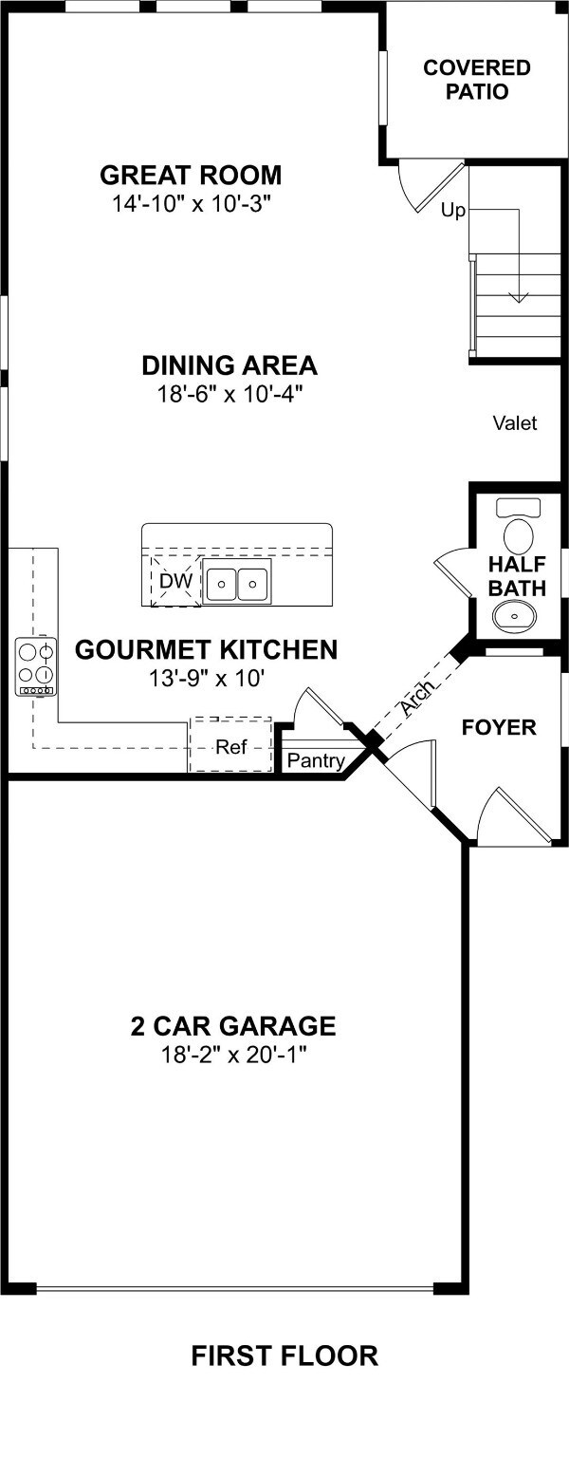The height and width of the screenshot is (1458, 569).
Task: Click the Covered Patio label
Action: click(477, 80)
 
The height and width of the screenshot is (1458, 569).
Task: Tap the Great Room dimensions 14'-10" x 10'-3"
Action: click(192, 204)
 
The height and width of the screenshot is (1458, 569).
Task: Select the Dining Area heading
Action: click(229, 365)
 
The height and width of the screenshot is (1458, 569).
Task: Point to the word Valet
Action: click(515, 423)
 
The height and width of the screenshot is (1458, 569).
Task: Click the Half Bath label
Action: click(517, 576)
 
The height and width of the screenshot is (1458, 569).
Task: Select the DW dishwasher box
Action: click(176, 581)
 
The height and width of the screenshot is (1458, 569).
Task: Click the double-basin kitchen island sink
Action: click(237, 583)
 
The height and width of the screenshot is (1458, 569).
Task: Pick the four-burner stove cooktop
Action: click(36, 667)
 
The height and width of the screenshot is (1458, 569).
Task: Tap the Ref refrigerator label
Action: click(230, 747)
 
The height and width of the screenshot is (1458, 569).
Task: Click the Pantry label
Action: click(316, 760)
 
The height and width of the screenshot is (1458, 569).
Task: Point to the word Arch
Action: click(416, 698)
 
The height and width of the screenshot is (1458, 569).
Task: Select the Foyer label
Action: click(499, 727)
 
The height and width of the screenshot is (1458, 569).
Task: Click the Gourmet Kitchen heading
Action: click(206, 649)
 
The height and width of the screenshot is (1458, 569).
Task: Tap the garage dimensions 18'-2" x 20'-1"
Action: click(233, 1054)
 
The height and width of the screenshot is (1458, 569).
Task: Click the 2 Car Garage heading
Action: click(233, 1026)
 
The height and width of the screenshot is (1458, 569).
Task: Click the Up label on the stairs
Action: click(453, 211)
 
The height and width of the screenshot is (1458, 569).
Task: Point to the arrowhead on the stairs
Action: click(519, 297)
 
